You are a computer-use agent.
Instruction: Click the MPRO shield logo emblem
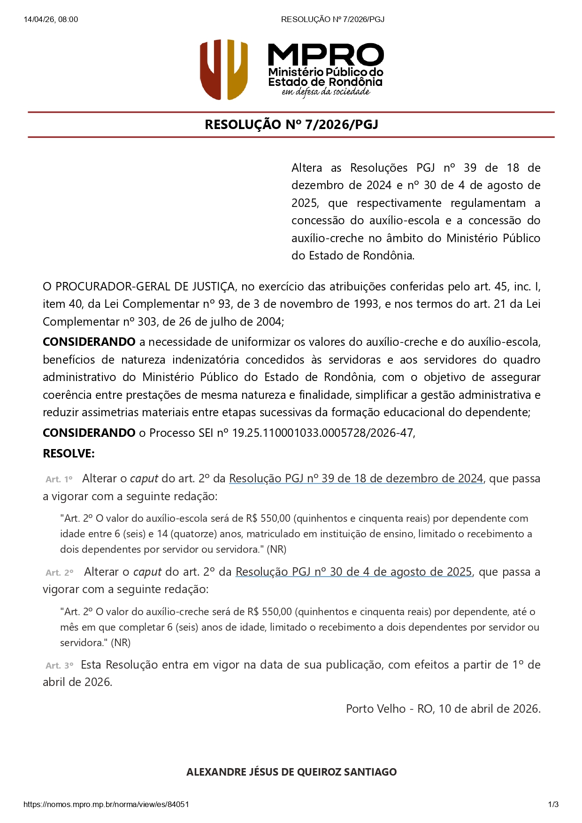pos(223,69)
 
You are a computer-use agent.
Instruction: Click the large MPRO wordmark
pos(326,55)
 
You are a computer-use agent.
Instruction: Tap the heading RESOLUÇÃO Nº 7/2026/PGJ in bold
pos(291,125)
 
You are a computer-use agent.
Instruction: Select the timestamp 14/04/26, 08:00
pos(51,19)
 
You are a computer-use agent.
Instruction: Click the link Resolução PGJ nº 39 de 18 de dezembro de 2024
pos(356,479)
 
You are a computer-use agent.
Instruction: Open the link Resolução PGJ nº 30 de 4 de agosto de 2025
pos(353,572)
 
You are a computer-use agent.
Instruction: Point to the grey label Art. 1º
pos(59,480)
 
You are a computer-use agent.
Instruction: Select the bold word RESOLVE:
pos(69,454)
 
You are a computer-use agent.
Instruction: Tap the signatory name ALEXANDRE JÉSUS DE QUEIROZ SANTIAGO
pos(291,772)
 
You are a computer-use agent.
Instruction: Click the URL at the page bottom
pos(106,804)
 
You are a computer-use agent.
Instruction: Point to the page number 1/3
pos(553,804)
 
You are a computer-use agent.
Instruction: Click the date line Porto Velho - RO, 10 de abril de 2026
pos(443,709)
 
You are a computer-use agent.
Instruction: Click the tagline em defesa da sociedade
pos(326,92)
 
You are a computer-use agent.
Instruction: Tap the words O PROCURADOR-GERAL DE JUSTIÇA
pos(138,287)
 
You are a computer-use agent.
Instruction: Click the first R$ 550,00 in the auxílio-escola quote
pos(268,518)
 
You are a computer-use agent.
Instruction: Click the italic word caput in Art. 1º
pos(144,479)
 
